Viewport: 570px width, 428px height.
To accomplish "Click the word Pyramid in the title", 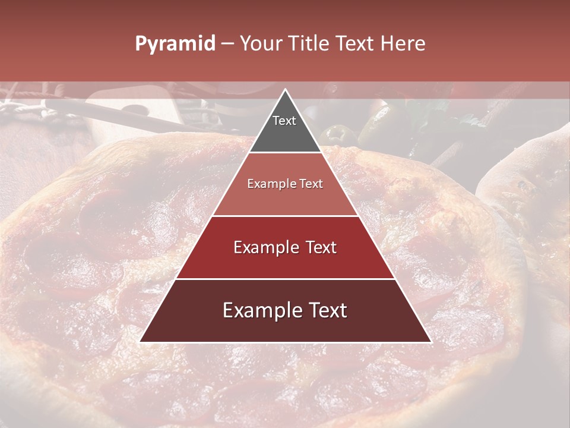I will click(x=175, y=44).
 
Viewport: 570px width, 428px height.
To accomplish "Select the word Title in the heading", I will click(x=308, y=44).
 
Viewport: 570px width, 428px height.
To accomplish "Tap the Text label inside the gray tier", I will click(x=284, y=121).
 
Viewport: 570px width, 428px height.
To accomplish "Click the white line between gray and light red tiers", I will click(x=285, y=153).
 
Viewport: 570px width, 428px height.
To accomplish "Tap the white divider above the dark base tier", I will click(x=285, y=279).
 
